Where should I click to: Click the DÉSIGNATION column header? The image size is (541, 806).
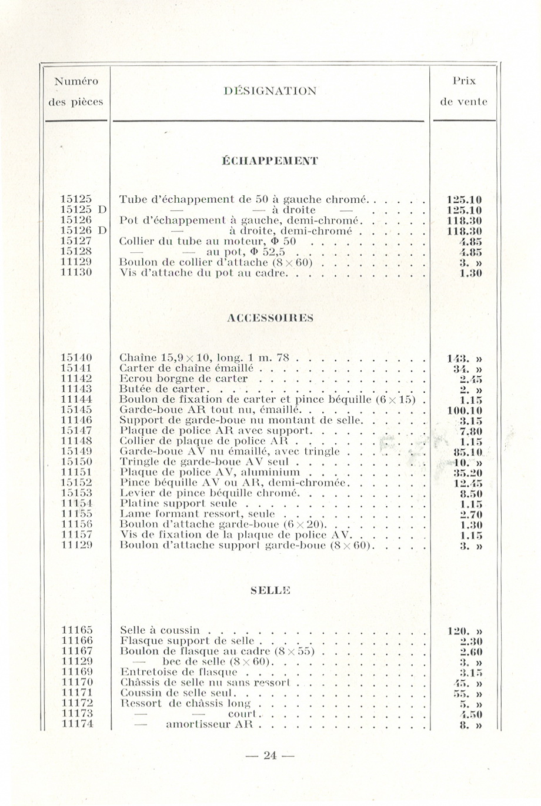pos(270,91)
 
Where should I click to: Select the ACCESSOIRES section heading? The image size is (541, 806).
pos(270,318)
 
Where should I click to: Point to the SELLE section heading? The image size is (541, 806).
pos(270,590)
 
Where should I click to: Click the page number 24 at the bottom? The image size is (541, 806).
pos(270,756)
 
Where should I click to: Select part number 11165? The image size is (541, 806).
pos(77,630)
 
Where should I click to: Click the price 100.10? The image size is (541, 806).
pos(465,410)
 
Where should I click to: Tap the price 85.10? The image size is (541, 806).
pos(465,452)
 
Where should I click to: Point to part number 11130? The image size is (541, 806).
pos(77,273)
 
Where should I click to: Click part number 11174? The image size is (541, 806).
pos(77,724)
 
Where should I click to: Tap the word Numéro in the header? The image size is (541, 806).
pos(76,81)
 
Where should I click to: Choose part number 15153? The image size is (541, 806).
pos(77,493)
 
